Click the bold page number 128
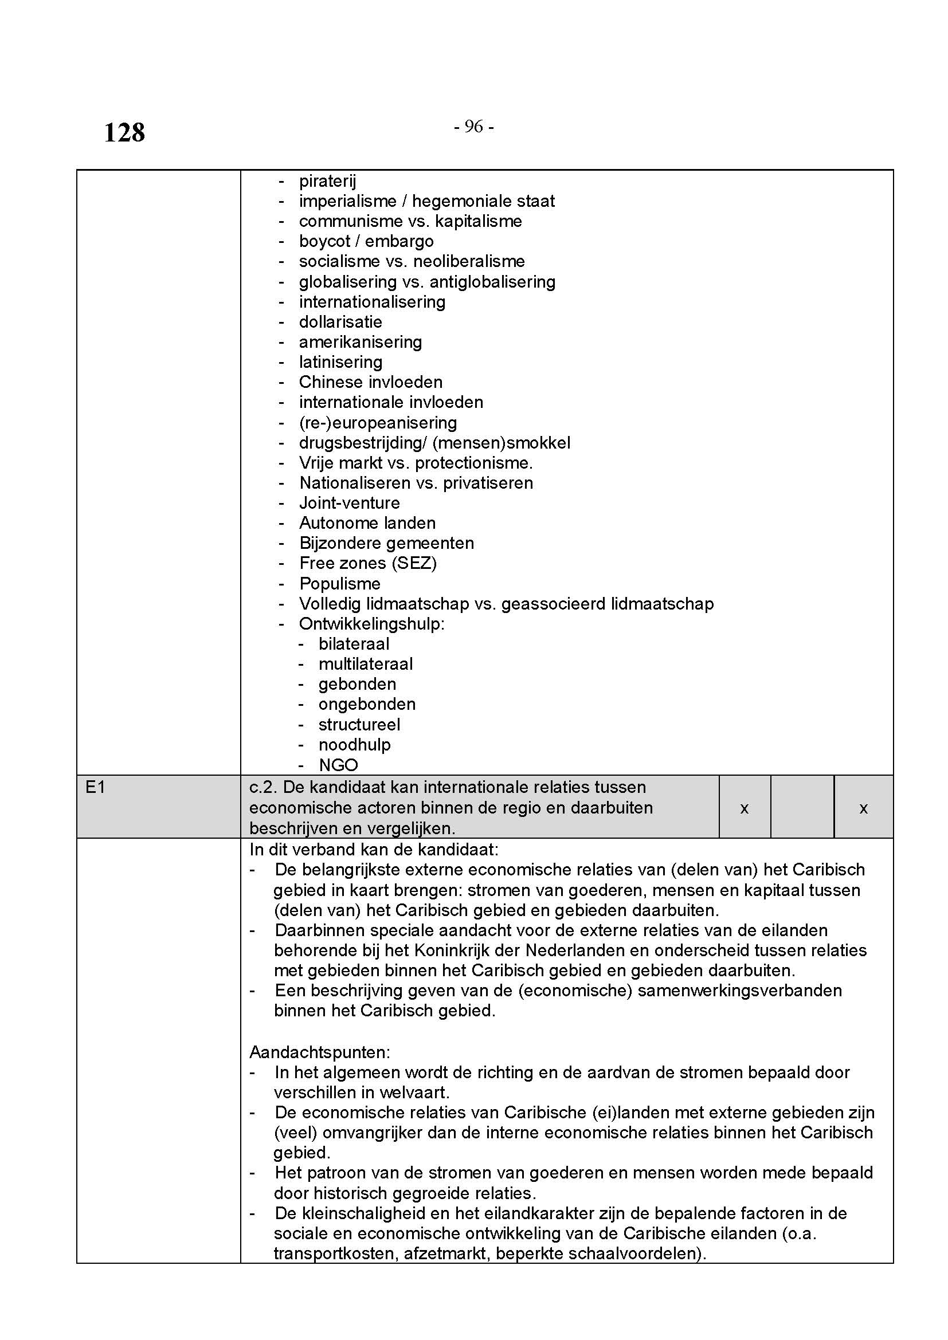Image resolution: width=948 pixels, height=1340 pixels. (x=124, y=132)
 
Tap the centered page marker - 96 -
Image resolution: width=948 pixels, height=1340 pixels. (x=473, y=127)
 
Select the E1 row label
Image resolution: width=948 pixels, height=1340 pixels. (x=95, y=788)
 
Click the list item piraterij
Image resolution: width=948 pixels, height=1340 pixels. (x=327, y=181)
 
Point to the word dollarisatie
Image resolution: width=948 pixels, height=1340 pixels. (x=340, y=322)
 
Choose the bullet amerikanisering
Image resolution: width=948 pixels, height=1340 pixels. (x=360, y=342)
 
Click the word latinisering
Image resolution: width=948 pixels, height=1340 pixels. (x=340, y=362)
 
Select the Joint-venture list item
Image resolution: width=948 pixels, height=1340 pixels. (x=349, y=503)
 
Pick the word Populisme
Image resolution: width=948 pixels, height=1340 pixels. (x=340, y=584)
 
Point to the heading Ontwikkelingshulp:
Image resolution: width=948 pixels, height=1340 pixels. (x=371, y=624)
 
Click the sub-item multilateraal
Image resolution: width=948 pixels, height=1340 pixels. (x=366, y=664)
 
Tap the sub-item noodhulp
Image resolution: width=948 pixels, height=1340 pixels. (x=354, y=745)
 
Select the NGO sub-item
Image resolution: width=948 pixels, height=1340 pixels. (x=338, y=765)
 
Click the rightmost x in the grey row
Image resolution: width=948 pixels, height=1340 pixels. (x=863, y=808)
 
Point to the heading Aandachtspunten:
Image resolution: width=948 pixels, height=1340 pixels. (x=319, y=1052)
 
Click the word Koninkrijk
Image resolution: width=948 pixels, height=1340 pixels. (x=452, y=950)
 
